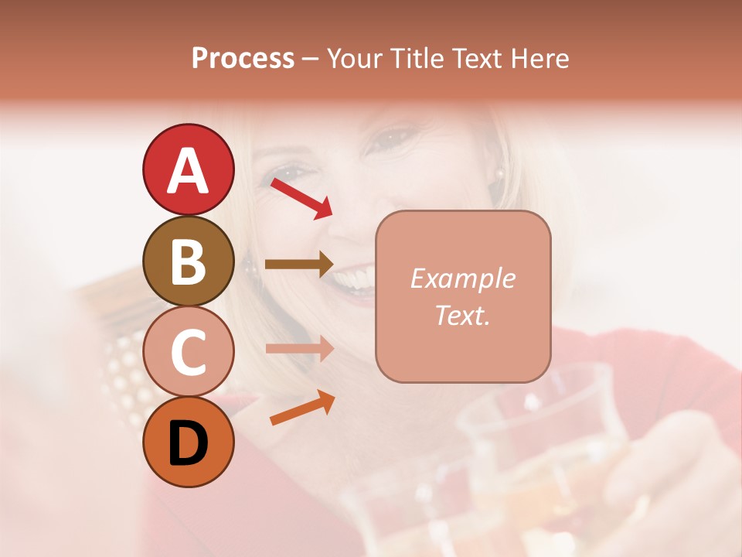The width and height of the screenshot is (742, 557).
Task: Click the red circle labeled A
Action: (188, 169)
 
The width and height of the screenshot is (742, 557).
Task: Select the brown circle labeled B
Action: (188, 261)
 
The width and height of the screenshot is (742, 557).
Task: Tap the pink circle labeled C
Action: (188, 352)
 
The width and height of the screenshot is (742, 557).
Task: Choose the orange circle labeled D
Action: (188, 442)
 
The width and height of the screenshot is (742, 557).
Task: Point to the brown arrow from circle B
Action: (299, 265)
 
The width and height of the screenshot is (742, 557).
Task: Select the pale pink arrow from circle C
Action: (299, 349)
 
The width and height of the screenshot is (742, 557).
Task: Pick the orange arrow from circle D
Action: (301, 408)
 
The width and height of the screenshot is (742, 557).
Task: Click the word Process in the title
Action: (243, 58)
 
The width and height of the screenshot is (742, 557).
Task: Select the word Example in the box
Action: (462, 278)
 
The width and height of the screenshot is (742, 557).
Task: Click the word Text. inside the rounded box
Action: (462, 315)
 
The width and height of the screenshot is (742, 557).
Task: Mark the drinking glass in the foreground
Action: (533, 449)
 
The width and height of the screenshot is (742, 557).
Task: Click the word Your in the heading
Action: (354, 58)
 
